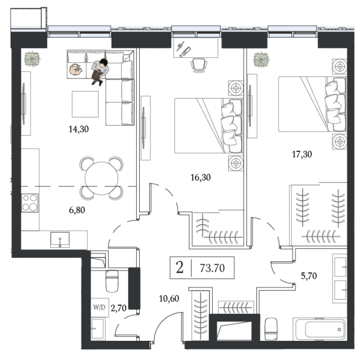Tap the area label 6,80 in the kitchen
click(x=77, y=210)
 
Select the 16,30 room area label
click(x=200, y=177)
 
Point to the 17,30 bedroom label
click(x=301, y=154)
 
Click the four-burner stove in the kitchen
click(x=30, y=202)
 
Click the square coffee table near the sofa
click(x=85, y=104)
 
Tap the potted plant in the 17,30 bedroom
click(x=261, y=59)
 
